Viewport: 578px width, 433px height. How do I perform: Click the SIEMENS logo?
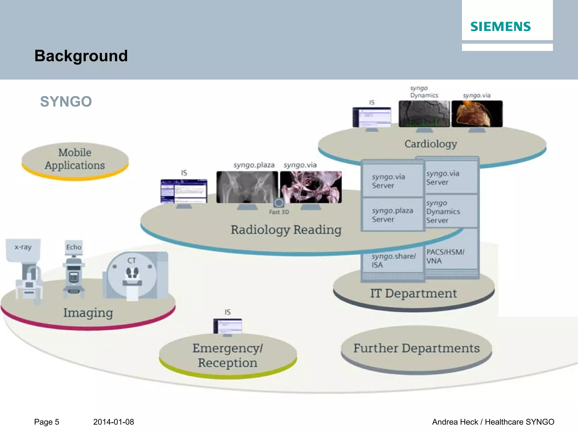coord(500,27)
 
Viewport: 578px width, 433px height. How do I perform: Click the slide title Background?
coord(81,56)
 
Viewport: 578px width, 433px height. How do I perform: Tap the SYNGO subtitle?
coord(66,101)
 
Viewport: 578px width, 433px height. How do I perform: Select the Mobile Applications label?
coord(75,159)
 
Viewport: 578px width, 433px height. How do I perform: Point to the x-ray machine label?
coord(23,247)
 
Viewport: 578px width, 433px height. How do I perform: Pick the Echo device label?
coord(74,247)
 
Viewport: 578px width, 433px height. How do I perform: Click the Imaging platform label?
coord(88,313)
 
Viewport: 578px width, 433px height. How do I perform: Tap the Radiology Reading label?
coord(286,230)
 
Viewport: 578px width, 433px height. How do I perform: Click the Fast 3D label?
coord(279,212)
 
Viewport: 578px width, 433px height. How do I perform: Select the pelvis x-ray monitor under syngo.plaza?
coord(247,187)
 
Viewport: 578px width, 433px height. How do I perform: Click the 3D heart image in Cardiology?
coord(477,114)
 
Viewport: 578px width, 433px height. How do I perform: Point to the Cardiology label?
coord(431,144)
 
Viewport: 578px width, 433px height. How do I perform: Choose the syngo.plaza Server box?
coord(393,215)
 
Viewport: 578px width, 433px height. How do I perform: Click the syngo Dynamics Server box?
coord(451,211)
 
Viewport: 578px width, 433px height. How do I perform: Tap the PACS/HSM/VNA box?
coord(451,256)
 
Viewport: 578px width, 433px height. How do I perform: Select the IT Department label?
coord(413,293)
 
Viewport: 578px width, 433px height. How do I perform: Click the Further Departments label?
coord(416,348)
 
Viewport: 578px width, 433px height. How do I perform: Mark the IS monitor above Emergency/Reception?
coord(227,326)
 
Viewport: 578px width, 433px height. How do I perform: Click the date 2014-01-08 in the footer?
coord(113,422)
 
